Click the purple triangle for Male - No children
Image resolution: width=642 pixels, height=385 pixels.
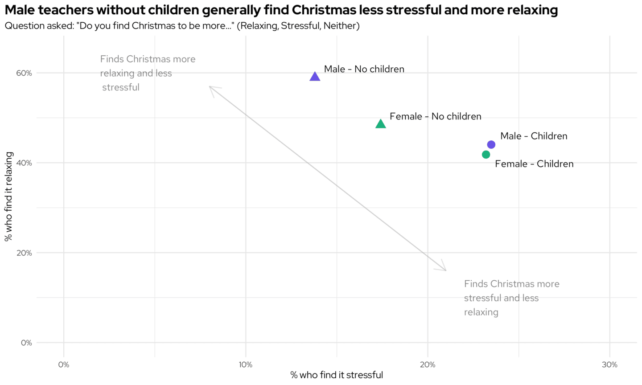point(315,77)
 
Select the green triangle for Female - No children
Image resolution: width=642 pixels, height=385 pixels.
point(380,124)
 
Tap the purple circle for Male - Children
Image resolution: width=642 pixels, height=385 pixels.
point(491,144)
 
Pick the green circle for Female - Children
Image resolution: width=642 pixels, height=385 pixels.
point(486,155)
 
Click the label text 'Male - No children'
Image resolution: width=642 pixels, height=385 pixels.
point(364,69)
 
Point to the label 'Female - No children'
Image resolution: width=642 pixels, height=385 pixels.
point(435,116)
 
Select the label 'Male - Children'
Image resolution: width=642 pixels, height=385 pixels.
point(533,136)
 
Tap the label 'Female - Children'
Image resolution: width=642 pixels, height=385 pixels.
point(534,164)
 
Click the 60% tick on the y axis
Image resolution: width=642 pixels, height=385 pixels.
point(24,73)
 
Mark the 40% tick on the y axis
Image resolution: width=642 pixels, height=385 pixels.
point(24,163)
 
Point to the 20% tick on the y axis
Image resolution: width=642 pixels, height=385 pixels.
point(24,253)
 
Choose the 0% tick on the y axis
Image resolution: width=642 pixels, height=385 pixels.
point(26,343)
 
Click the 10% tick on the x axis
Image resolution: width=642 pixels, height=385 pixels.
point(246,365)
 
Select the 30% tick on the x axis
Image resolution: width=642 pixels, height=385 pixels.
point(609,365)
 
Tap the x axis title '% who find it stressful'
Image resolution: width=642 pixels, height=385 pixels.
point(337,375)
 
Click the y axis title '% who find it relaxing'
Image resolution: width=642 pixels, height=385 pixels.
point(9,197)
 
